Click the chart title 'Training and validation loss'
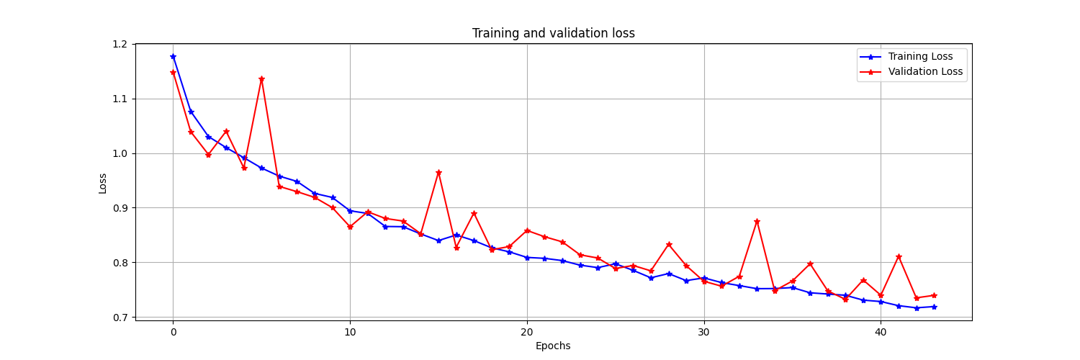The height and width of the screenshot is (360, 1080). [553, 33]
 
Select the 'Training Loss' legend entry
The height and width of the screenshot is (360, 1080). [920, 56]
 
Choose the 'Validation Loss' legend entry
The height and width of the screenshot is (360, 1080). [925, 71]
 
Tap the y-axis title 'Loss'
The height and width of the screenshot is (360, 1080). [103, 183]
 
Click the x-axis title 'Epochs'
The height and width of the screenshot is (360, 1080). [553, 346]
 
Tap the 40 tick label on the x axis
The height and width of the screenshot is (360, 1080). [881, 332]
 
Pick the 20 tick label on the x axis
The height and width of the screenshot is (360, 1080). [527, 332]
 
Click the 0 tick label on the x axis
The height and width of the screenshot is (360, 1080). [173, 332]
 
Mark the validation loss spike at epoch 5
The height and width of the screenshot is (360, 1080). [261, 78]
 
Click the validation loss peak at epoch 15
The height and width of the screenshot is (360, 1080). [438, 172]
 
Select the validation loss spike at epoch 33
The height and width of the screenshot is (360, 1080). [757, 221]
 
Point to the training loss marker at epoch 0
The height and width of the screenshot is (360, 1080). [173, 56]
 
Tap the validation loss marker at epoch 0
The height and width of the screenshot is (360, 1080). [173, 72]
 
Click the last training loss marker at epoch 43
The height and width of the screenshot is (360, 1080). [934, 307]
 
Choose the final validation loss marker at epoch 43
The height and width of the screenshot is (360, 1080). [934, 295]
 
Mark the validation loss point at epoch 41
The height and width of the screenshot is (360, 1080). [899, 256]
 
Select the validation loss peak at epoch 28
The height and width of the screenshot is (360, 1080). [669, 244]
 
